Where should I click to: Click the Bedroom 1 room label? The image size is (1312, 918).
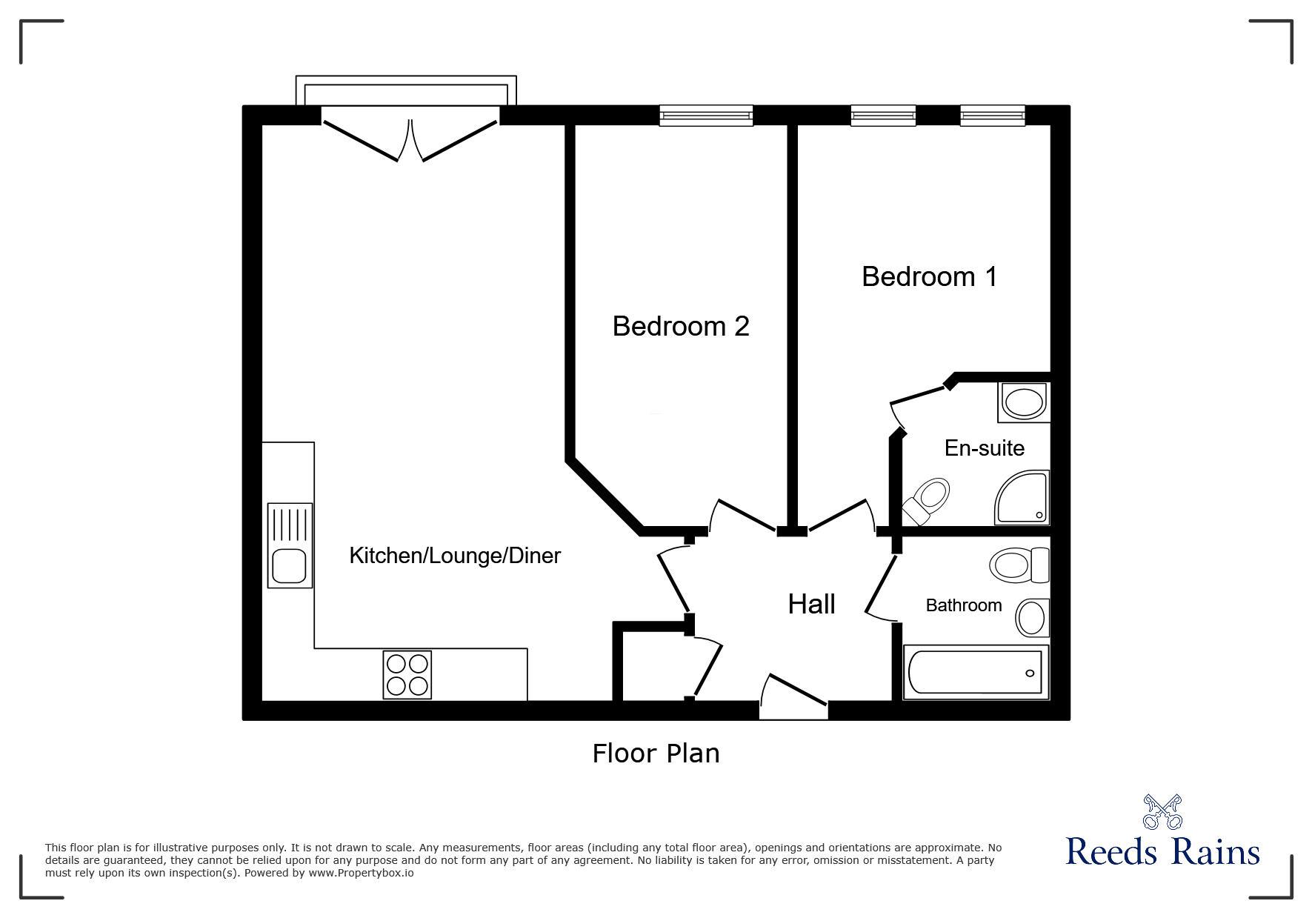click(929, 276)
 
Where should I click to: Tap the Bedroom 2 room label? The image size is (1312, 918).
click(680, 326)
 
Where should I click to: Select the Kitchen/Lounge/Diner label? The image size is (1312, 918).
click(455, 555)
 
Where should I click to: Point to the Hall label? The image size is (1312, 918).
click(811, 604)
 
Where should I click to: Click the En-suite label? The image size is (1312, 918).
click(984, 448)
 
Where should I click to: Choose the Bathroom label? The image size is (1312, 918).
click(963, 605)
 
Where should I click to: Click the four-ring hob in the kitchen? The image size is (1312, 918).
click(407, 674)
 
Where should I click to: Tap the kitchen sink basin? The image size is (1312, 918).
click(288, 567)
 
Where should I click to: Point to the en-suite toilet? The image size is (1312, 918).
click(925, 500)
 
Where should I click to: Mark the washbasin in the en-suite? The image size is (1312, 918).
click(1023, 403)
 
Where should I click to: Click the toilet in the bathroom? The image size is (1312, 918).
click(1019, 565)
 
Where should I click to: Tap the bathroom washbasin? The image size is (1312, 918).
click(1032, 617)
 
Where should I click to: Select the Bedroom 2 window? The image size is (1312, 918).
click(706, 116)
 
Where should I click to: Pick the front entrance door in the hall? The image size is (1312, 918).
click(794, 696)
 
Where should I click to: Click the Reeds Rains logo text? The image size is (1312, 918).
click(1162, 852)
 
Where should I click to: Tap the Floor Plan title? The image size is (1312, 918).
click(656, 754)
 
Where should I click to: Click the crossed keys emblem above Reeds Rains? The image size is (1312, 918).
click(1162, 812)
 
